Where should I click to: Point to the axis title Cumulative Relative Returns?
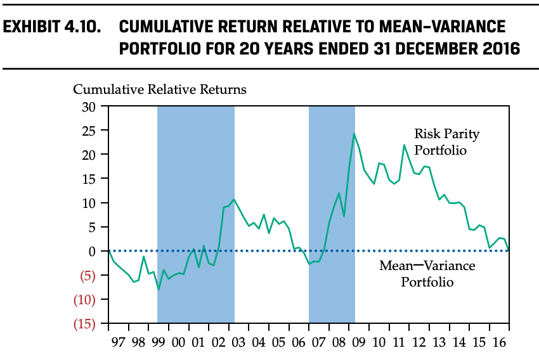coord(160,89)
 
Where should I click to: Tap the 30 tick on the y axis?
coord(88,106)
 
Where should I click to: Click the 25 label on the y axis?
coord(88,131)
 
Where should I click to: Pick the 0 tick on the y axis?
coord(92,251)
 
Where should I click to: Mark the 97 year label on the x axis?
coord(117,344)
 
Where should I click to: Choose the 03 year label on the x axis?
coord(238,344)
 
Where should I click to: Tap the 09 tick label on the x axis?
coord(358,344)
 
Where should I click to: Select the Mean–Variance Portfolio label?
coord(427,273)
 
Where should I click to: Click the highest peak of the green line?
coord(354,134)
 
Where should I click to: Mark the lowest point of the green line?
coord(159,289)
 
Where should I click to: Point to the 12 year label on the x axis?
coord(419,344)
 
